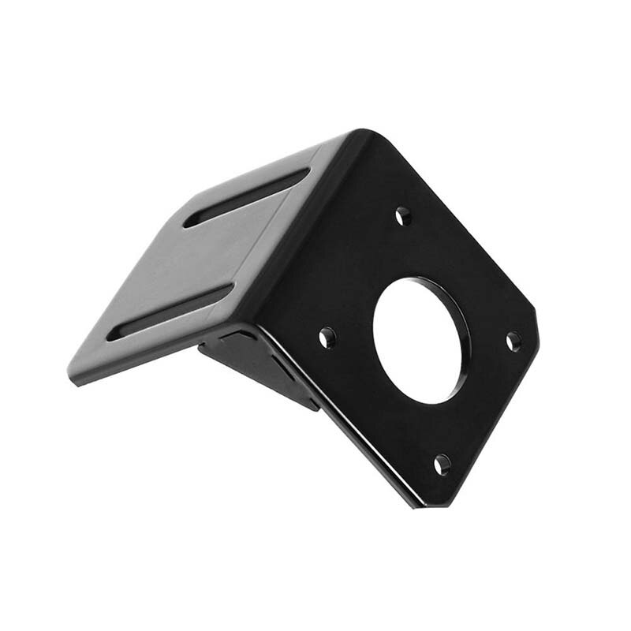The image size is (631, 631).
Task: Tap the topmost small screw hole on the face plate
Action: [x=403, y=215]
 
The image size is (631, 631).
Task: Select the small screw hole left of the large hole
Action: [x=327, y=338]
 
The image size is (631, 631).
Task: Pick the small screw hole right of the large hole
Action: [x=513, y=342]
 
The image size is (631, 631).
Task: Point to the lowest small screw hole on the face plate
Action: [x=442, y=465]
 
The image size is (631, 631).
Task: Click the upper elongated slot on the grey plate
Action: [x=247, y=197]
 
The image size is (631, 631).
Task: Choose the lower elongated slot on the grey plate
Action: [x=170, y=312]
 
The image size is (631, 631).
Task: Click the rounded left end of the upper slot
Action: [x=190, y=222]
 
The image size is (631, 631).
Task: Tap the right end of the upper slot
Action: [x=306, y=173]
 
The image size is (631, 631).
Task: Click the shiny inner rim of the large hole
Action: [x=457, y=315]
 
